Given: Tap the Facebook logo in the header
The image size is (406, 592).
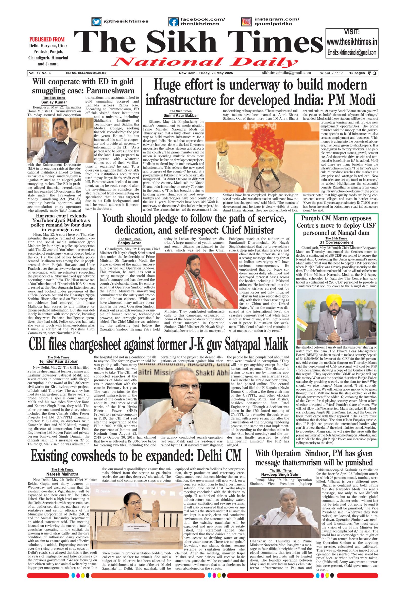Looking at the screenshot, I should [174, 22].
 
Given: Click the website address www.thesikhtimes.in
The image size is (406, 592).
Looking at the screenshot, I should [352, 42].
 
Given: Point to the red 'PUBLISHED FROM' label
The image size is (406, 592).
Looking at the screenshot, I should [47, 39].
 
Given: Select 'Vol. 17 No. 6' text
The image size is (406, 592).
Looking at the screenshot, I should [40, 73].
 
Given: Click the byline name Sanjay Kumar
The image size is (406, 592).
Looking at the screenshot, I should [54, 102].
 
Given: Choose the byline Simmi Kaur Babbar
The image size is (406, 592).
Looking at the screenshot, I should [181, 115].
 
